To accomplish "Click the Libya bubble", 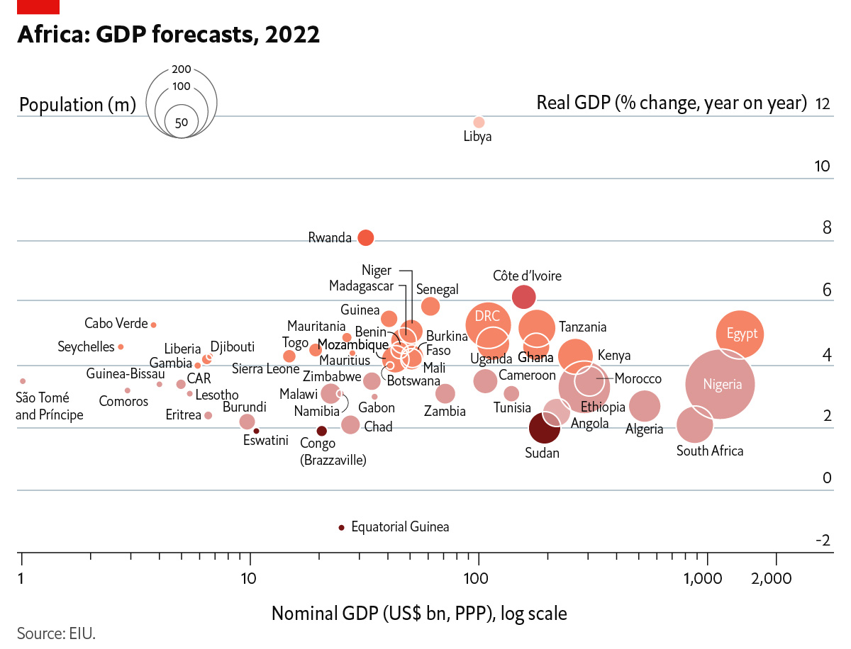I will coord(479,122).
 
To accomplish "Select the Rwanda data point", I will coord(365,238).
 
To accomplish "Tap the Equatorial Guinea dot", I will coord(341,527).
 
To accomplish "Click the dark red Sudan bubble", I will coord(545,427).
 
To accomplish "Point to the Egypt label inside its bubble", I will coord(742,334).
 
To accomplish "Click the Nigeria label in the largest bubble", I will coord(722,385).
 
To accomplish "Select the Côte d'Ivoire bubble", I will coord(523,297).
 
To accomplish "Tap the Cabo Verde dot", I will coord(153,324).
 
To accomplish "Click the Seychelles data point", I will coord(121,346).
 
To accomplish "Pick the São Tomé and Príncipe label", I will coord(49,406).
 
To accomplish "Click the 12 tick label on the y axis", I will coord(823,103).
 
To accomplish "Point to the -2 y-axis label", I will coord(822,541).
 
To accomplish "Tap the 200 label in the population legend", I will coord(182,69).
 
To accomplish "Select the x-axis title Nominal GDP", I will coord(419,613).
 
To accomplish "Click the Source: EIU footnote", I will coord(56,633).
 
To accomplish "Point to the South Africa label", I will coord(709,451).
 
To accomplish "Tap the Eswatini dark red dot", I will coord(257,431).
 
